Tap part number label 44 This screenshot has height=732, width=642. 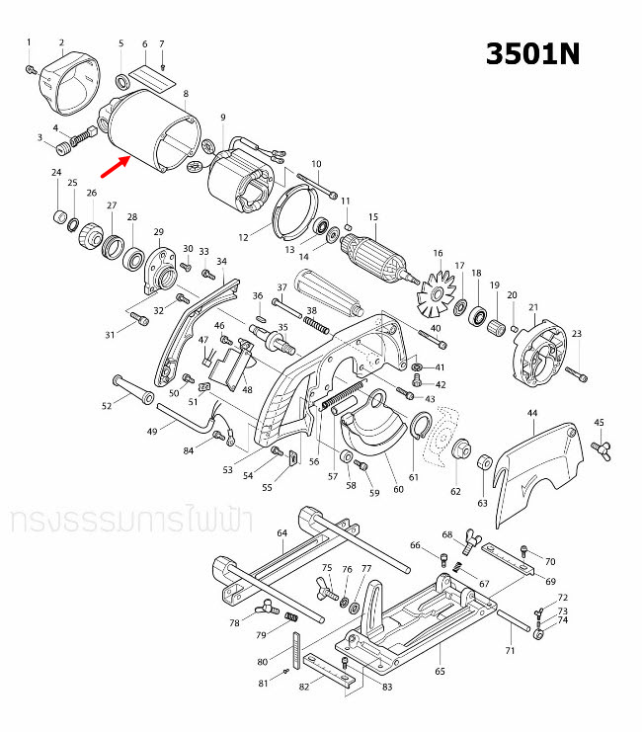[532, 412]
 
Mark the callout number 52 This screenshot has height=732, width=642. [107, 406]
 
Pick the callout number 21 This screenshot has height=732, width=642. [533, 307]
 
